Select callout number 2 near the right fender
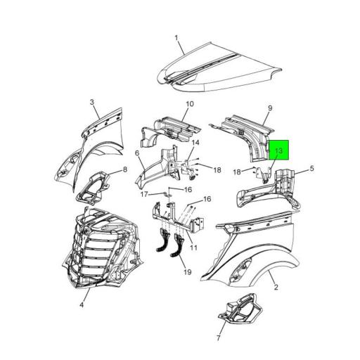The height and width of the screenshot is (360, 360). (276, 287)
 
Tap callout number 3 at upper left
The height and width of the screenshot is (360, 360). (91, 103)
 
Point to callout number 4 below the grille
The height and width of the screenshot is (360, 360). (82, 304)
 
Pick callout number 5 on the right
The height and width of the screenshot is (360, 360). (312, 169)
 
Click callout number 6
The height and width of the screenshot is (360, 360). (136, 153)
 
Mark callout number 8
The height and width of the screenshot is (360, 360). (125, 170)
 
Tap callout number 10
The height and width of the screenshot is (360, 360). (189, 104)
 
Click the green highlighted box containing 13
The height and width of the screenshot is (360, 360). (279, 150)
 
